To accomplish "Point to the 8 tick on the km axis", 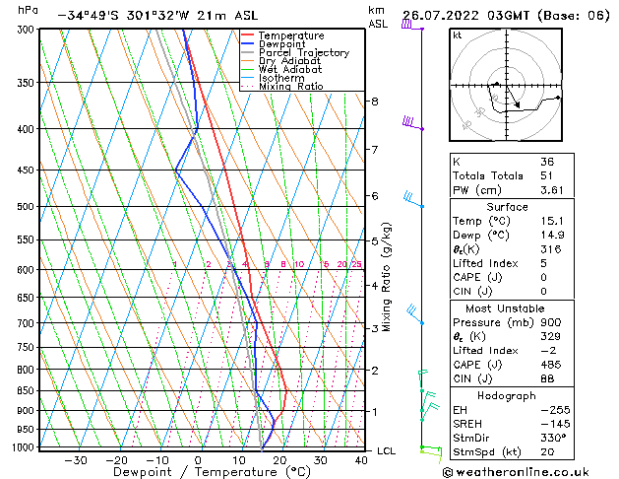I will (375, 102).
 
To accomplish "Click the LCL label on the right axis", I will (387, 451).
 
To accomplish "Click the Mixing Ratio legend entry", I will (290, 87).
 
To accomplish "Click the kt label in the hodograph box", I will (458, 35).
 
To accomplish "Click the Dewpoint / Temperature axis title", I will (197, 472).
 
